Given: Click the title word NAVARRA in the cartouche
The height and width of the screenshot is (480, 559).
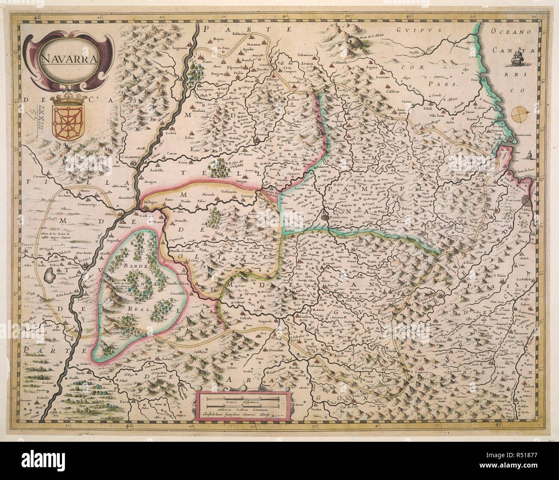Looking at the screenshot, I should click(66, 59).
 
